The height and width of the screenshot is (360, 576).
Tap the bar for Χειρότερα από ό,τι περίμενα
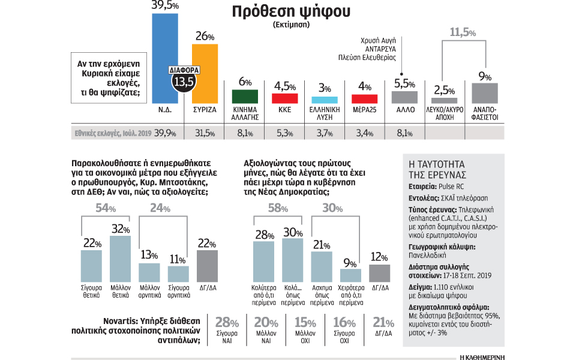(347, 275)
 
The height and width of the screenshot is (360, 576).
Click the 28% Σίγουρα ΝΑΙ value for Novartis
(223, 322)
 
